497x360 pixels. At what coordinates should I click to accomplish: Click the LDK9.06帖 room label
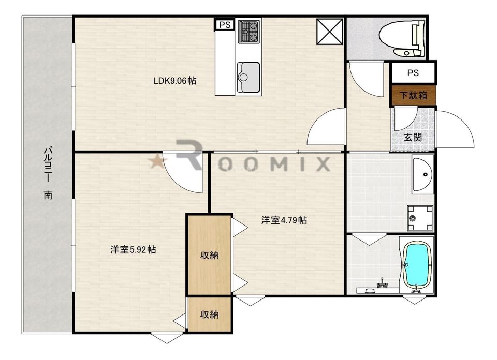coord(174,81)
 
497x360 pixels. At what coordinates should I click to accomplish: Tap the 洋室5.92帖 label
coord(133,249)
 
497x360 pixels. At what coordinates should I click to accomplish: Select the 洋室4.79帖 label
coord(284,220)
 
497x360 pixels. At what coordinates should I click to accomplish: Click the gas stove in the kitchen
coord(249,32)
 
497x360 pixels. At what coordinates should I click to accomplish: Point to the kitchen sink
coord(249,77)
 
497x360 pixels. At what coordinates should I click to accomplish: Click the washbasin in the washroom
coord(423,174)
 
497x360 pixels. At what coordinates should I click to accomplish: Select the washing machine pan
coord(420,218)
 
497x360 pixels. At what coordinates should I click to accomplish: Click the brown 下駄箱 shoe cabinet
coord(413,95)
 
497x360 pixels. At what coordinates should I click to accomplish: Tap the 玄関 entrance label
coord(413,138)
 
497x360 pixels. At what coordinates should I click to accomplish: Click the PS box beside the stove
coord(225,25)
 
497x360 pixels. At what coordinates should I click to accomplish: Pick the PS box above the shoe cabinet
coord(413,73)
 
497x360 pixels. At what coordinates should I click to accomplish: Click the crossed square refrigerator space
coord(330,32)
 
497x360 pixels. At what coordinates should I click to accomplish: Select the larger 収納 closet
coord(209,255)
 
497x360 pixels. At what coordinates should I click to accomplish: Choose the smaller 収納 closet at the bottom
coord(209,314)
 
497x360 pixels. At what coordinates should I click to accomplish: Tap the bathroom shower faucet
coord(382,283)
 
